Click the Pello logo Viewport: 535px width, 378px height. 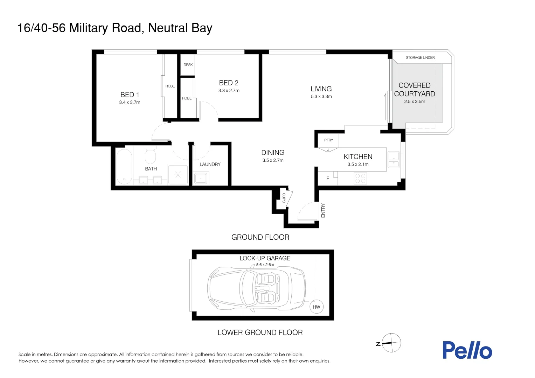(467, 350)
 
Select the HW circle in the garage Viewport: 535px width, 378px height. (316, 307)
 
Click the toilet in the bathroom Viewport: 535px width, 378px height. (150, 156)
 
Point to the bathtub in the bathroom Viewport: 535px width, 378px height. (124, 166)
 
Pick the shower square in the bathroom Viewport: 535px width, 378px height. (178, 174)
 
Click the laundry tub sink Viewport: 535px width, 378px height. (201, 178)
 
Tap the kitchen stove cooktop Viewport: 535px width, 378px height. (360, 178)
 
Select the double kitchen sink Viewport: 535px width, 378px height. (394, 160)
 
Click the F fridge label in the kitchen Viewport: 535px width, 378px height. (328, 178)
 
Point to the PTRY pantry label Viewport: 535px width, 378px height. (328, 140)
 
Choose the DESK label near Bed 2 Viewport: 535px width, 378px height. (188, 65)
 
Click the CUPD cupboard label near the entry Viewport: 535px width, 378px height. (284, 198)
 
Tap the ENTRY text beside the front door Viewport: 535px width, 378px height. (323, 210)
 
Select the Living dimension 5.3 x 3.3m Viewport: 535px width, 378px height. (321, 97)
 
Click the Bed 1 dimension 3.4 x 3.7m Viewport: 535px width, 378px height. (130, 103)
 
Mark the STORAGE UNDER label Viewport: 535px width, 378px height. (420, 57)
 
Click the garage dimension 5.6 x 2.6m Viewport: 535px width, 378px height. (265, 265)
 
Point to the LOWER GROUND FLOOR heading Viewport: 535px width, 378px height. (260, 332)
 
